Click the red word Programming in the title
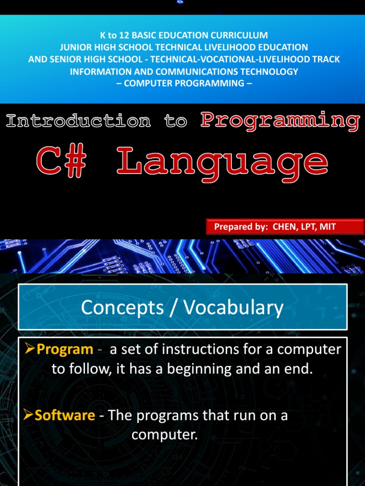280,121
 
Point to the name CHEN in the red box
284,227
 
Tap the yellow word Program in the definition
65,349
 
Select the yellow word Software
65,415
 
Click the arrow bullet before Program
29,350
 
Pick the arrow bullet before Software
29,416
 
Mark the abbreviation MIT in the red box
327,227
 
